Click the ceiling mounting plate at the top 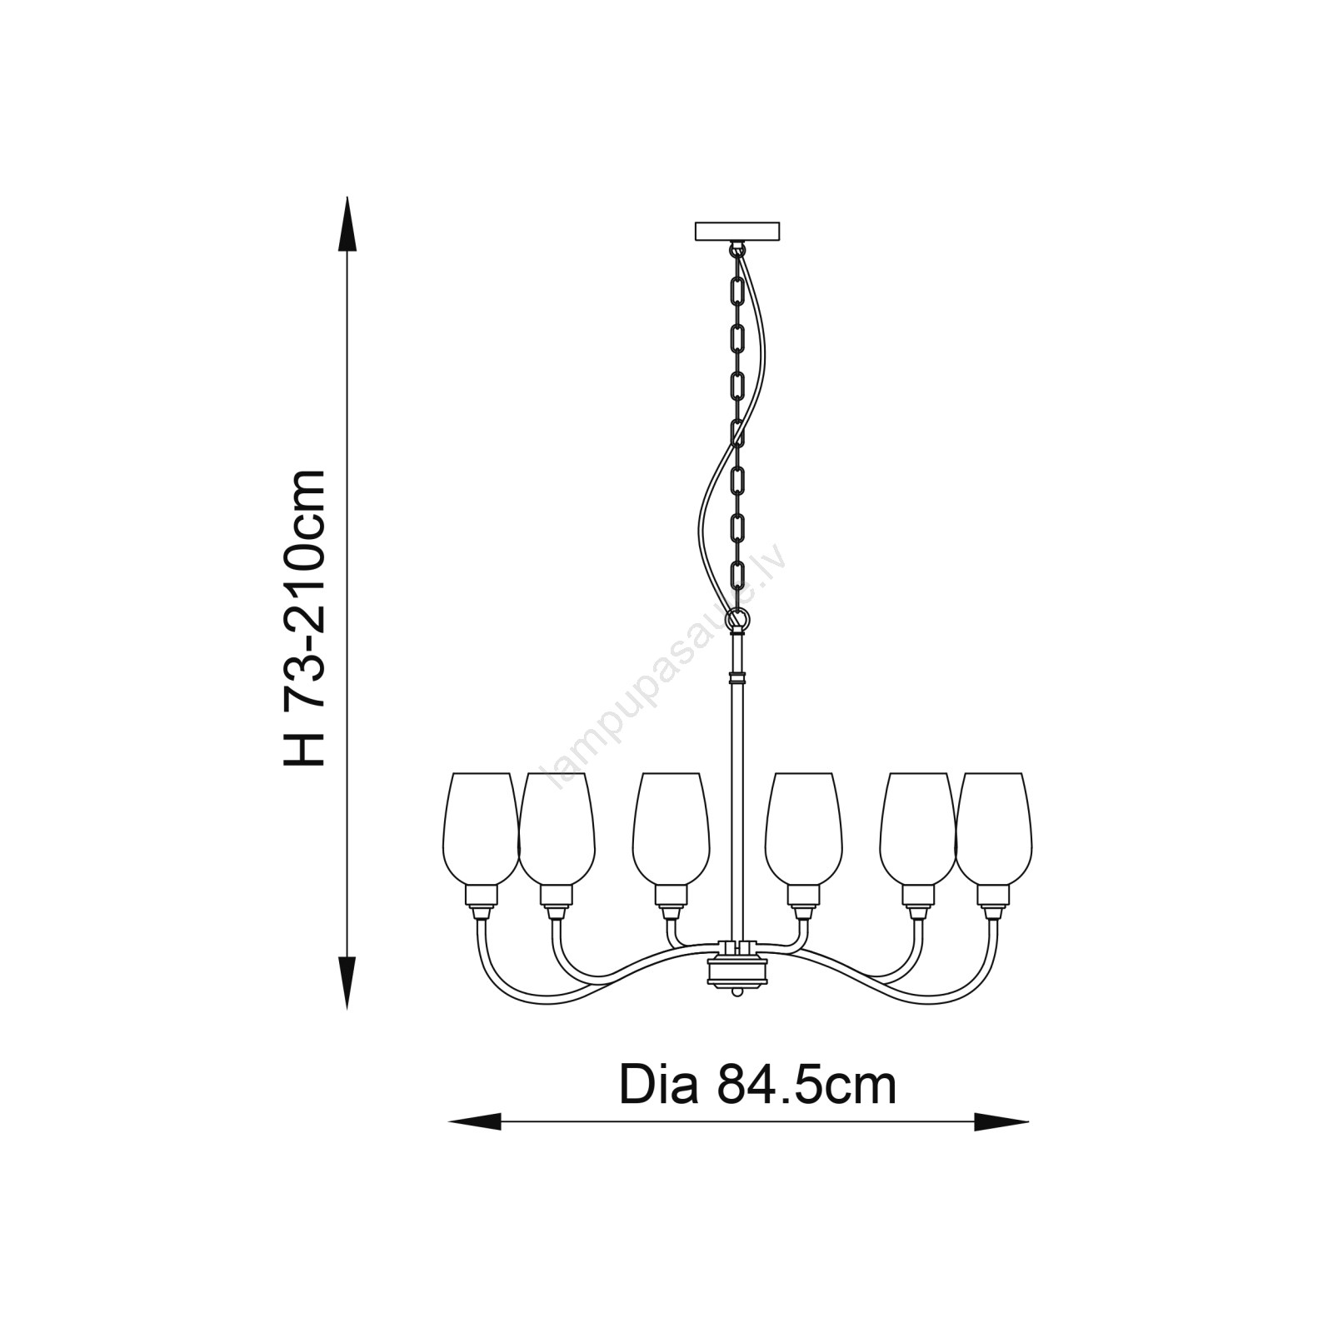pos(737,231)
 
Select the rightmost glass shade pos(994,828)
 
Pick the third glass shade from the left pos(671,828)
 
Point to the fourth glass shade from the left pos(804,828)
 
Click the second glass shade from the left pos(557,828)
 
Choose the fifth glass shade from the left pos(918,828)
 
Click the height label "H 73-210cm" pos(303,617)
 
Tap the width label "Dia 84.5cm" pos(757,1086)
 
